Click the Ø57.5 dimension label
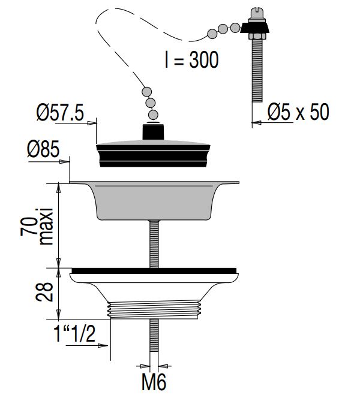pyautogui.click(x=60, y=113)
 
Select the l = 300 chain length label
pyautogui.click(x=191, y=59)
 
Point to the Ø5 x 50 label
pyautogui.click(x=298, y=111)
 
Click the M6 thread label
pyautogui.click(x=154, y=382)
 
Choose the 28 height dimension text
pyautogui.click(x=44, y=292)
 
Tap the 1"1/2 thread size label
pyautogui.click(x=74, y=334)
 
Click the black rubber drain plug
pyautogui.click(x=153, y=153)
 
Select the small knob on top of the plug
pyautogui.click(x=153, y=131)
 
